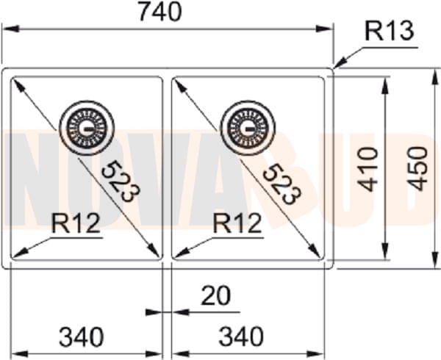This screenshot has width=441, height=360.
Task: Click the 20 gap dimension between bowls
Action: pyautogui.click(x=215, y=295)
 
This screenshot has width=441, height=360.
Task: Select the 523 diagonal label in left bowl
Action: pyautogui.click(x=118, y=181)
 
